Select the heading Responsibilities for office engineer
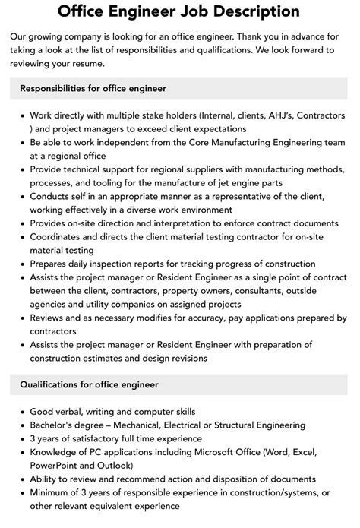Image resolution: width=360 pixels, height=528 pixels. pyautogui.click(x=93, y=89)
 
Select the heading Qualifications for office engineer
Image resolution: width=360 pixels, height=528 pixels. pyautogui.click(x=90, y=387)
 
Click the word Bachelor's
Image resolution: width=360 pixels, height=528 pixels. pyautogui.click(x=55, y=425)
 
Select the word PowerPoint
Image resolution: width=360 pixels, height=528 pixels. pyautogui.click(x=57, y=466)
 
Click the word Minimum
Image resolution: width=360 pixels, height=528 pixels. pyautogui.click(x=52, y=492)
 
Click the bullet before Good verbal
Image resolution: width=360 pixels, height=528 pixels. pyautogui.click(x=22, y=413)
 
